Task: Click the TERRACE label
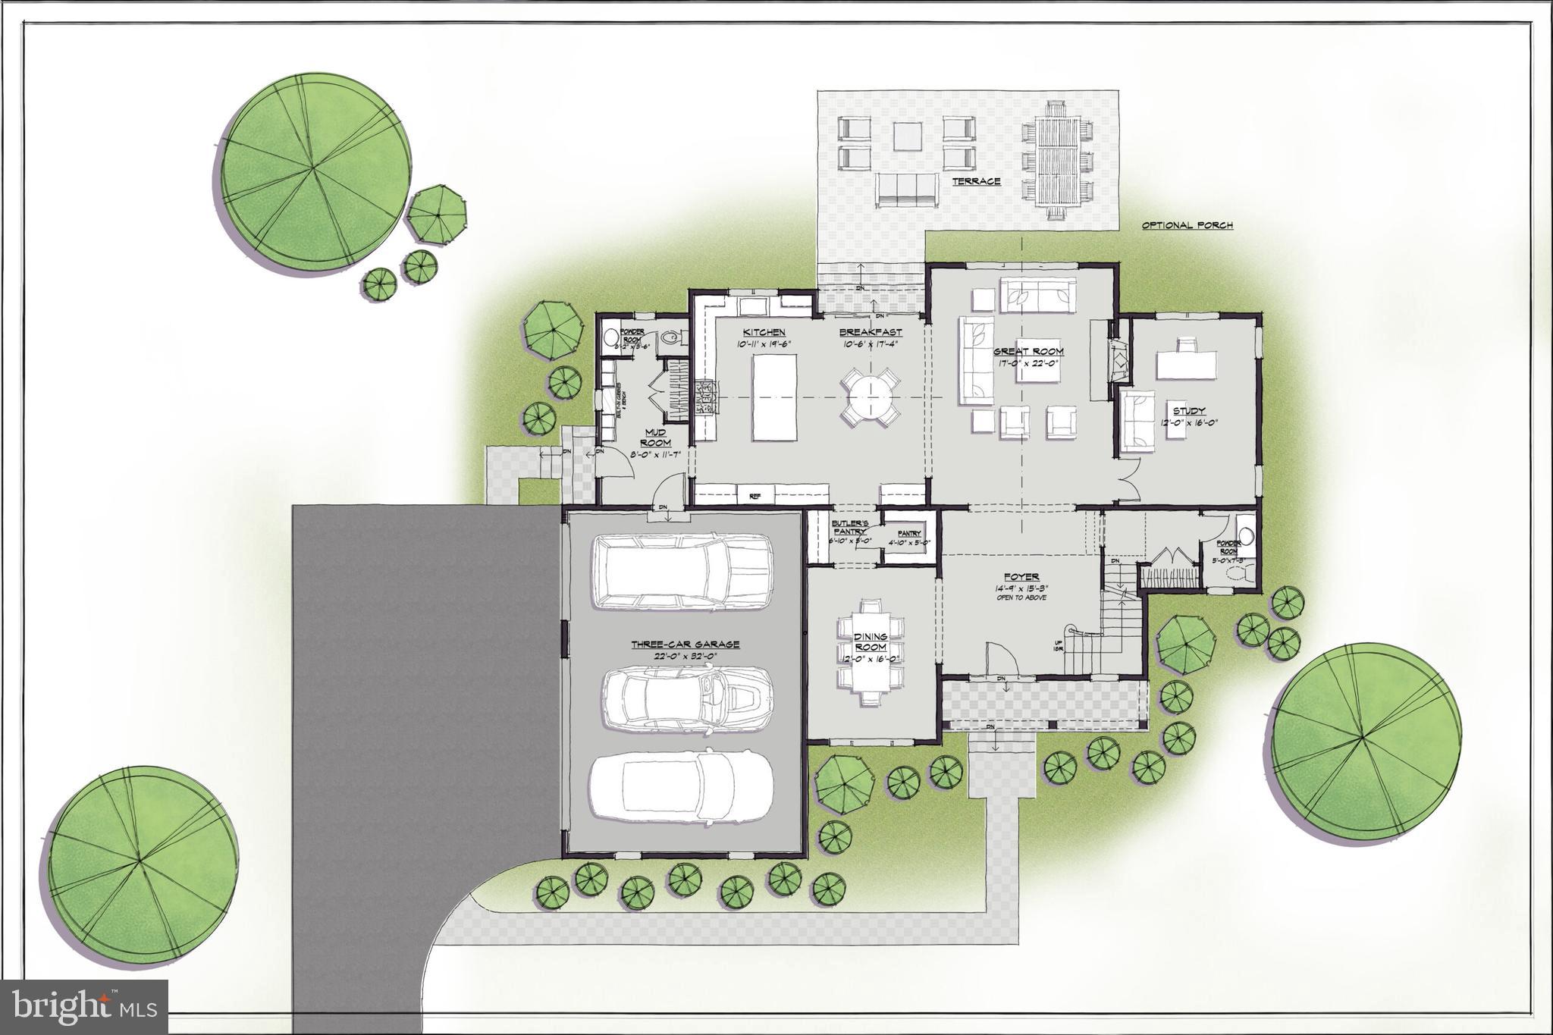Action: [977, 181]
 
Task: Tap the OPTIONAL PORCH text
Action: [1187, 225]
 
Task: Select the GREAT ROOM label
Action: [1028, 352]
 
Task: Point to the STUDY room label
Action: [1188, 411]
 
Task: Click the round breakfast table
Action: [870, 396]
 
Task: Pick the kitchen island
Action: [774, 397]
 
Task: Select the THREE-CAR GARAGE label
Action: [685, 645]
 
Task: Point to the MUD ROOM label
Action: [656, 438]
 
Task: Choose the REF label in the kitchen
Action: [755, 496]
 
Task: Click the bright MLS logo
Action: [84, 1008]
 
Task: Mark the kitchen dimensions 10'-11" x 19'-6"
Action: [764, 343]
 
